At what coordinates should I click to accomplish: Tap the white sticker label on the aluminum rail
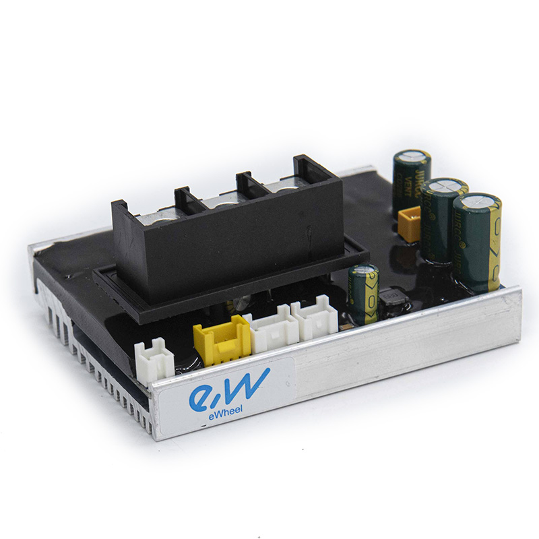click(x=222, y=401)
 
